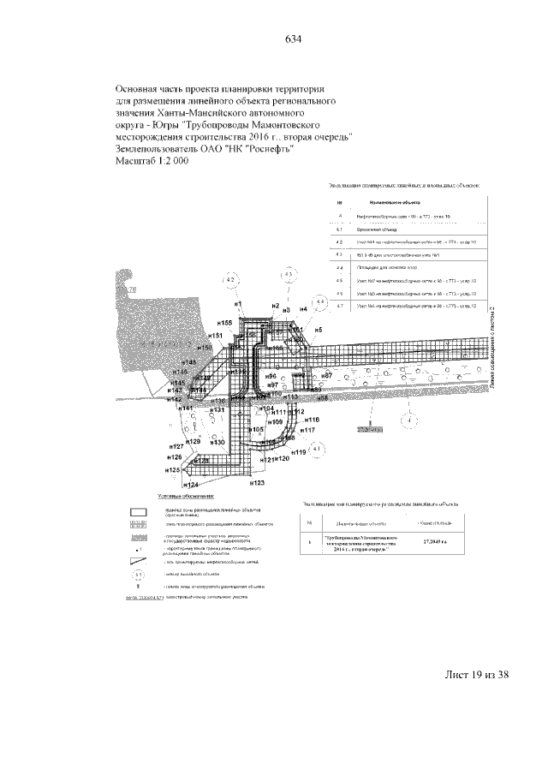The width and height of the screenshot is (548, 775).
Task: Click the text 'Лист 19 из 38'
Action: click(475, 674)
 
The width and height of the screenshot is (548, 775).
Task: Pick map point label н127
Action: click(177, 447)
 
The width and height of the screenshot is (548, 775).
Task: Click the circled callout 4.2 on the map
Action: click(229, 281)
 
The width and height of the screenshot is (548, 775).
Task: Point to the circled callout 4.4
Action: click(320, 303)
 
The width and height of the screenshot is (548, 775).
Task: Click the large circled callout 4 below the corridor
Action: click(412, 421)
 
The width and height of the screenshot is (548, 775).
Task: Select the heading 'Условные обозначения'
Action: click(187, 496)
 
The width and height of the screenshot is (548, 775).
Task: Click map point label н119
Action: click(299, 452)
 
